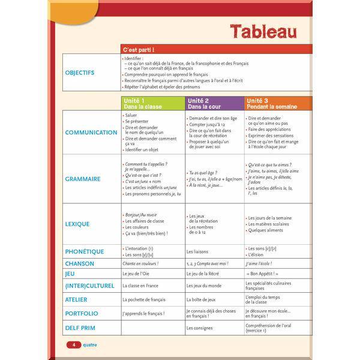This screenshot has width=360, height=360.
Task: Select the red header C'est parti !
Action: point(139,49)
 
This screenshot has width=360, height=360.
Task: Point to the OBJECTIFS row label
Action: point(80,73)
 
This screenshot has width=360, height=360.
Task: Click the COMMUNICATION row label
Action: point(91,133)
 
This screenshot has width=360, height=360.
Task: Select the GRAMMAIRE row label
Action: point(83,179)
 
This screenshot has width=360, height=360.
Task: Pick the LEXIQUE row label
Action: point(77,224)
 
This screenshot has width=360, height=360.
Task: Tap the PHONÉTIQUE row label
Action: point(85,252)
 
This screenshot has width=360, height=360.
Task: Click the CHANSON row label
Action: point(80,263)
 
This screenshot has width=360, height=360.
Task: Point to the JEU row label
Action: point(70,274)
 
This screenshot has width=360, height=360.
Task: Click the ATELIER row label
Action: point(76,299)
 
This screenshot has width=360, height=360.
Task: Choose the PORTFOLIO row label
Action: point(82,313)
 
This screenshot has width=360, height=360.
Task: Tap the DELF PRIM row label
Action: point(80,328)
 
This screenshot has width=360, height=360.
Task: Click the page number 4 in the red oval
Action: point(73,345)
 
